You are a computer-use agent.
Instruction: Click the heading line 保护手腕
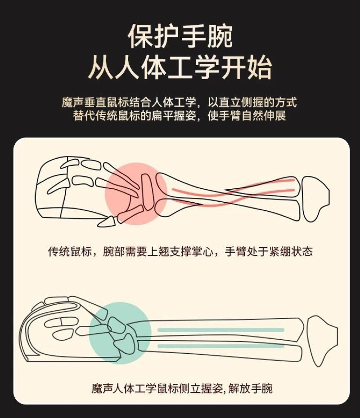(x=180, y=36)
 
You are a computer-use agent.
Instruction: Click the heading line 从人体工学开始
(x=180, y=67)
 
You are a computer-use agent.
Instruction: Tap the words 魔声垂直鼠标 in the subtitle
(x=95, y=102)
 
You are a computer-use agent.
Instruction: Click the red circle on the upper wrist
(x=136, y=194)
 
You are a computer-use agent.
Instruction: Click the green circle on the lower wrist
(x=120, y=333)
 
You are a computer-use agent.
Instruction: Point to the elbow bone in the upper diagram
(x=315, y=199)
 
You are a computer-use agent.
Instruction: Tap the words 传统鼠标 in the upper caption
(x=70, y=251)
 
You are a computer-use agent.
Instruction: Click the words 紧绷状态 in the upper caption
(x=291, y=251)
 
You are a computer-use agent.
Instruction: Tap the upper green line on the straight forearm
(x=221, y=330)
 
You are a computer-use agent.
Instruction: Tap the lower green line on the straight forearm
(x=221, y=346)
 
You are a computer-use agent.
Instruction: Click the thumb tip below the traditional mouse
(x=106, y=222)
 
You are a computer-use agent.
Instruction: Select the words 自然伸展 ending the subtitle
(x=264, y=116)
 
